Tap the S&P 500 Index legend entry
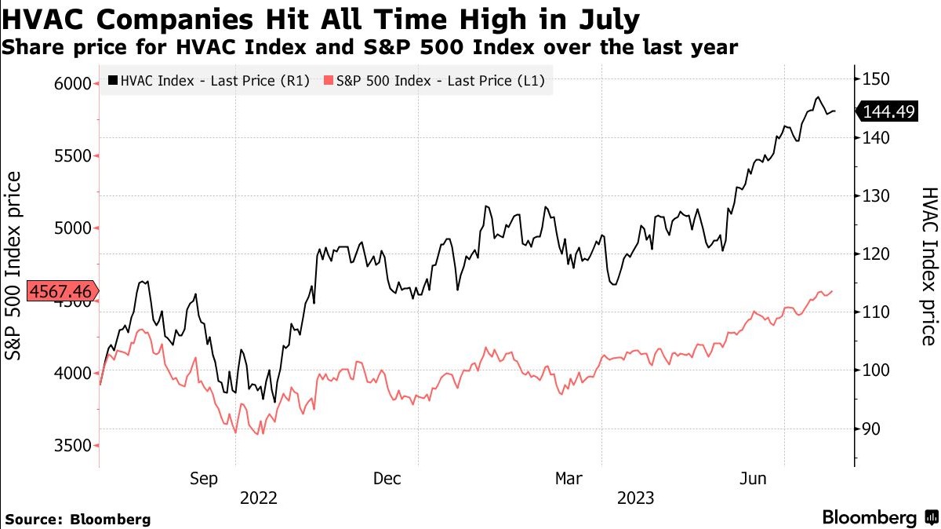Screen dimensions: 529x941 (x=435, y=80)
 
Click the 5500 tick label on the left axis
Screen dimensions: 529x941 (x=71, y=156)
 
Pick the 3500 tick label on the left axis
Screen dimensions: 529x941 (x=71, y=446)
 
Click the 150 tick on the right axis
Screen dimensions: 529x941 (x=875, y=78)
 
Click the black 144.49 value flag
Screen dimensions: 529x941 (x=888, y=112)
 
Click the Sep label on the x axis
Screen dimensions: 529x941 (x=204, y=479)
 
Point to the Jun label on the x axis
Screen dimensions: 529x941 (x=753, y=479)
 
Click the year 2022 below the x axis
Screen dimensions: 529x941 (x=258, y=498)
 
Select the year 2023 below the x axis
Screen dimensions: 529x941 (x=635, y=498)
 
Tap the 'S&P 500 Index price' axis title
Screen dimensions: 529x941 (x=14, y=266)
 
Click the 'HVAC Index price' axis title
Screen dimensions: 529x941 (x=928, y=266)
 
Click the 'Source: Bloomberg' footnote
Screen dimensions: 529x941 (x=78, y=520)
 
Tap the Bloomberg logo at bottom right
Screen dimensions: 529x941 (x=878, y=518)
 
